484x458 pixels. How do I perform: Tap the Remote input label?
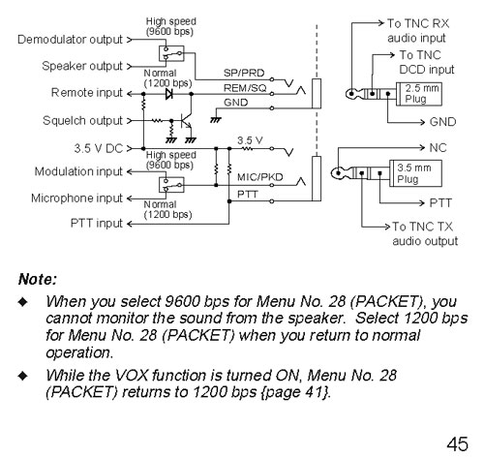[x=80, y=93]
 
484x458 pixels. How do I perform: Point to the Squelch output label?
[x=77, y=121]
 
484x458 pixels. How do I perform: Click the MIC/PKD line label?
[x=254, y=178]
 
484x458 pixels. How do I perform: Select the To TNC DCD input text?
[x=422, y=63]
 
